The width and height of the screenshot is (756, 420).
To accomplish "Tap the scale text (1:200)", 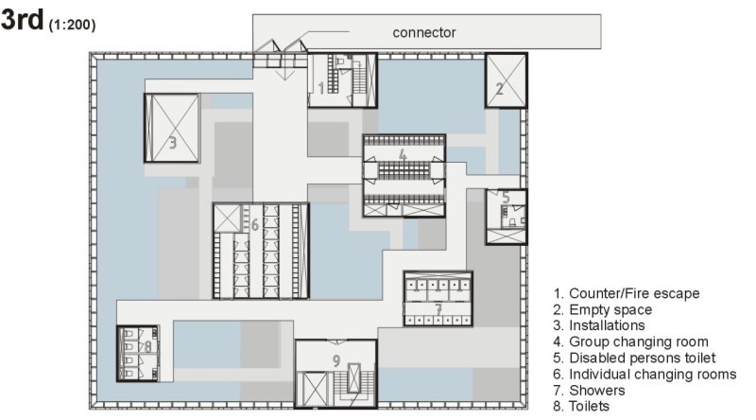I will coord(72,25).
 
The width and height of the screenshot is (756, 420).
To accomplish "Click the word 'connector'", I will coord(424,32).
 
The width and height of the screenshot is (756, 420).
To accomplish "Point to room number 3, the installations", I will coord(173,144).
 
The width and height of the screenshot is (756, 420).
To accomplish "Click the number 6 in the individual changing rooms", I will coord(255,224).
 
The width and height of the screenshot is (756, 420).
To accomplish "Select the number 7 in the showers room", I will coord(438,308).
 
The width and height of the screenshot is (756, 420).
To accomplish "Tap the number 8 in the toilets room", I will coord(147,346).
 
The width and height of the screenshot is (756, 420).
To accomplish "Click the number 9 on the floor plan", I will coord(336,359).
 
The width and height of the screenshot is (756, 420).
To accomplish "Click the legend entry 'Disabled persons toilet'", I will coord(641,358).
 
